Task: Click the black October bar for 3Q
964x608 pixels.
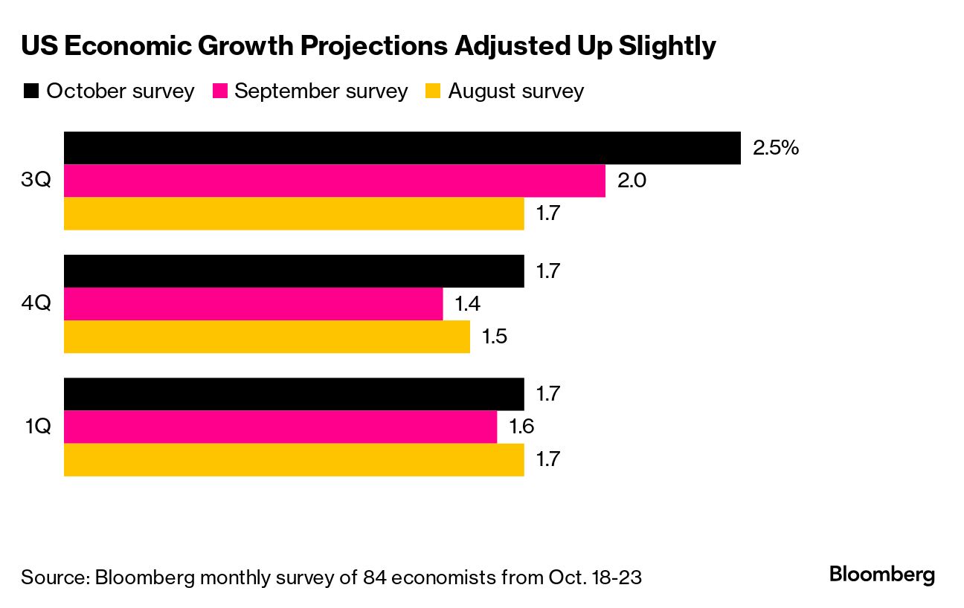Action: (x=402, y=148)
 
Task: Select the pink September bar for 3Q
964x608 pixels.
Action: (x=335, y=181)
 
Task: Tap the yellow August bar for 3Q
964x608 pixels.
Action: (x=294, y=213)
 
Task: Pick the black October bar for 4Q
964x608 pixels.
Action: (x=294, y=271)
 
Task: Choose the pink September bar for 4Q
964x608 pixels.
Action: (x=253, y=304)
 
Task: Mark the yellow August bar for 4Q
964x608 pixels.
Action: (x=266, y=337)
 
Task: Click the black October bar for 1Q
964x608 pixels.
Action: (x=294, y=394)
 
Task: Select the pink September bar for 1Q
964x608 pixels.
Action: (x=280, y=427)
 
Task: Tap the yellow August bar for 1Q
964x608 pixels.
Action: (x=294, y=459)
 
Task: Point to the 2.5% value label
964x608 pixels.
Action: (x=776, y=148)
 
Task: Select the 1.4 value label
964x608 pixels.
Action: (x=466, y=304)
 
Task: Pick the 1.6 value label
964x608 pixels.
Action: (x=521, y=427)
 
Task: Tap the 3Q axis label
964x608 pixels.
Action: (x=36, y=181)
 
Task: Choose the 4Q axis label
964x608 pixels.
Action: (x=36, y=304)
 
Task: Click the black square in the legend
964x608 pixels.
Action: (x=30, y=91)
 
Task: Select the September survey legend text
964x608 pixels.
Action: (x=321, y=91)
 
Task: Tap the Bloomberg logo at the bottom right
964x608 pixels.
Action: (x=882, y=575)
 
